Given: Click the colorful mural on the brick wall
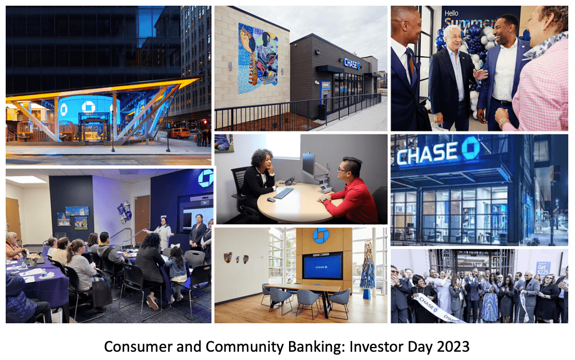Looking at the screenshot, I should click(x=258, y=58).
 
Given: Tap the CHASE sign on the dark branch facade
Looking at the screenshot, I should click(x=352, y=63).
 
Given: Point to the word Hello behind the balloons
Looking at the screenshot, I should click(x=452, y=13).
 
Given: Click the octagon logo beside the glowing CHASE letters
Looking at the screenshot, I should click(x=470, y=147).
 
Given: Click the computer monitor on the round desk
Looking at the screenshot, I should click(x=309, y=164).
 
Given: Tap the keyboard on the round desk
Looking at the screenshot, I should click(x=283, y=193).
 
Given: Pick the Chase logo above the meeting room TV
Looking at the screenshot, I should click(x=321, y=235).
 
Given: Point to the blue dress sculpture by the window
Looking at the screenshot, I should click(x=368, y=269).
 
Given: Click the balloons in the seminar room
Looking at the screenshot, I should click(x=125, y=212).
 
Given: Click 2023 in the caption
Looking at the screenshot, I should click(x=456, y=346).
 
